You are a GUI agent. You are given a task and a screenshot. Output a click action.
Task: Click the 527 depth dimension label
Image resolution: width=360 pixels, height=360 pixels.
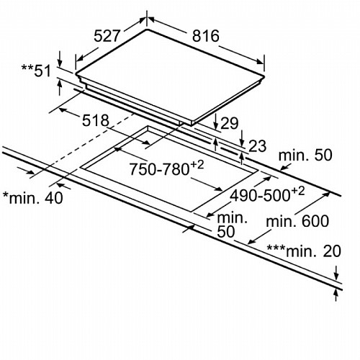pos(107,36)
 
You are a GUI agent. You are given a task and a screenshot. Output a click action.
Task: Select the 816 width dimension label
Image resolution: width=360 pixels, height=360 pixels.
pos(206,36)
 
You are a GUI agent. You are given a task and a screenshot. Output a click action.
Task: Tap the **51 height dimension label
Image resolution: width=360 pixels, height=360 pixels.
pos(37,71)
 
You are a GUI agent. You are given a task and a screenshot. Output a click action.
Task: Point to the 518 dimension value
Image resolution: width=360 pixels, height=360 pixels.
pos(96,120)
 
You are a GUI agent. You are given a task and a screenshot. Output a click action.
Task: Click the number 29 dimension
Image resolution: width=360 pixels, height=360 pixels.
pos(229,123)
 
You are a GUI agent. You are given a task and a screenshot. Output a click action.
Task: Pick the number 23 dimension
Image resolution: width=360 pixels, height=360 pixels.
pos(258,145)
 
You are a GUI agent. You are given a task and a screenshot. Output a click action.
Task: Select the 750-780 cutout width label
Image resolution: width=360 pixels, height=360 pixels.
pos(166,168)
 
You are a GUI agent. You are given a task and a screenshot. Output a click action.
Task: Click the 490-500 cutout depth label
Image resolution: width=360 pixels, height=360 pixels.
pos(267,194)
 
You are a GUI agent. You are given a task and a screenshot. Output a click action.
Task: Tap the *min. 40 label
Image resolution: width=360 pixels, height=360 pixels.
pos(33,198)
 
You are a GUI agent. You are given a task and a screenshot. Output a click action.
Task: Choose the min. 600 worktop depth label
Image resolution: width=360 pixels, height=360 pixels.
pos(297,221)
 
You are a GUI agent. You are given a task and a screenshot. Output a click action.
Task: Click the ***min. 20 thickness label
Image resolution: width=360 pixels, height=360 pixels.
pos(304,251)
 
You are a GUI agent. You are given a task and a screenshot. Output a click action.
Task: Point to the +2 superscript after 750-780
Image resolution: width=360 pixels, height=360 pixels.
pos(197,165)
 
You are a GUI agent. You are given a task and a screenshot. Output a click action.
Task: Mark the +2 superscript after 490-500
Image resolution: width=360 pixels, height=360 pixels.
pos(298,192)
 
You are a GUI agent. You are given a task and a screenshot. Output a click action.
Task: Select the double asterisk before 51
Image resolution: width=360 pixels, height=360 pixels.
pos(27,67)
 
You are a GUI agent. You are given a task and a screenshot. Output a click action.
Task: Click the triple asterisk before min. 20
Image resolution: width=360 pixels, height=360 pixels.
pos(276,248)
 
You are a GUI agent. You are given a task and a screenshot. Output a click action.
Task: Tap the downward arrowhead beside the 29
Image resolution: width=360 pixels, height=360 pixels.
pos(216,126)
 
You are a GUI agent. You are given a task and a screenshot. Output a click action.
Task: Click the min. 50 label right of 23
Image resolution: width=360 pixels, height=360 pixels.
pos(305,155)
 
